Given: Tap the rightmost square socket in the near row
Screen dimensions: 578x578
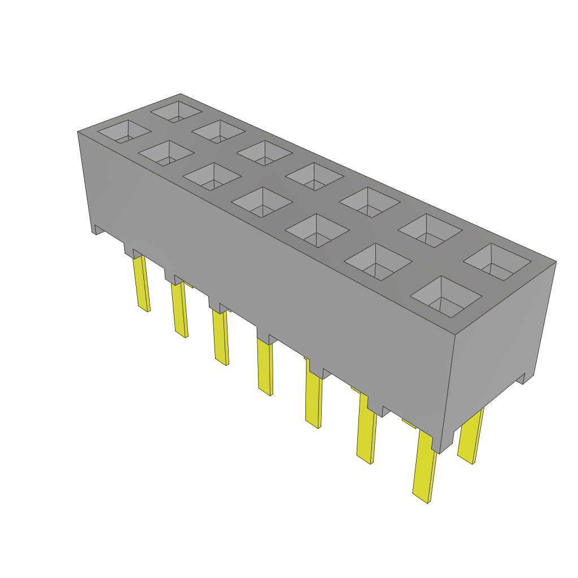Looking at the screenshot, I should pyautogui.click(x=446, y=296).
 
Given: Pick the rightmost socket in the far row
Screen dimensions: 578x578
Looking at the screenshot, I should pyautogui.click(x=497, y=262).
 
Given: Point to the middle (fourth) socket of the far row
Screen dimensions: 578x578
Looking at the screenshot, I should pyautogui.click(x=314, y=177).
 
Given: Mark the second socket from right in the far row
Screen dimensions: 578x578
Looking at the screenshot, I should pyautogui.click(x=430, y=230).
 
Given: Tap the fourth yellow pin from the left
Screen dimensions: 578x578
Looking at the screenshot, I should pyautogui.click(x=264, y=367).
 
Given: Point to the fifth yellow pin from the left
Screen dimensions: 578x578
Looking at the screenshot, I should pyautogui.click(x=314, y=399).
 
